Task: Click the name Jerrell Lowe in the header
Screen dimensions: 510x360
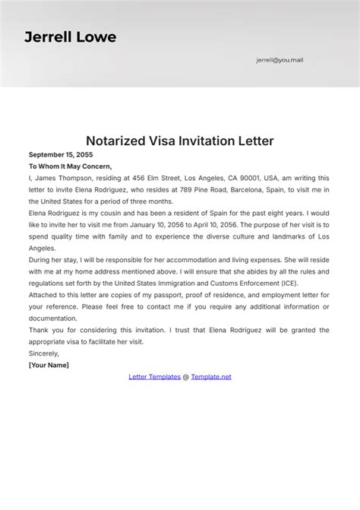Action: coord(70,36)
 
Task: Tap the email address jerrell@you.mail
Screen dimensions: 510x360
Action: coord(279,59)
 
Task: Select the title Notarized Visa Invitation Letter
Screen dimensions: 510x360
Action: coord(179,141)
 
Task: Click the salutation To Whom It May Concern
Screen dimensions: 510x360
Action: coord(70,166)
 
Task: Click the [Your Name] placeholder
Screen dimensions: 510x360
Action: coord(49,365)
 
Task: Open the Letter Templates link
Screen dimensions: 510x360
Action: coord(155,376)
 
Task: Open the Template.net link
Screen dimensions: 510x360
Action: coord(211,376)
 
